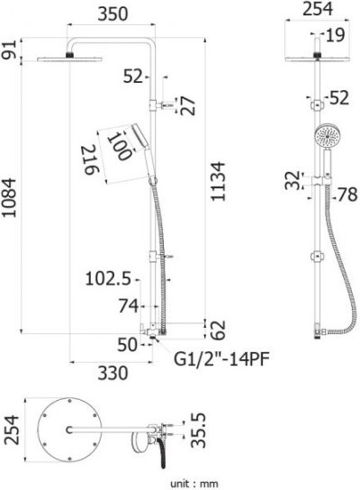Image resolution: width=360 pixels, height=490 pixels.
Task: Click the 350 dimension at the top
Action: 112,14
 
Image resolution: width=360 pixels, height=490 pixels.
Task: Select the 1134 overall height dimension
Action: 218,182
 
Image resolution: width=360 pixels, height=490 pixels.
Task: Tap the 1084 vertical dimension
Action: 9,198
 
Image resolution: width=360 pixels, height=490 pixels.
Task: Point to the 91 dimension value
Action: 9,50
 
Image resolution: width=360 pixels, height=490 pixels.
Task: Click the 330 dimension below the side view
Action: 112,373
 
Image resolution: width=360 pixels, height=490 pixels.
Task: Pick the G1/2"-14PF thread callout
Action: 221,358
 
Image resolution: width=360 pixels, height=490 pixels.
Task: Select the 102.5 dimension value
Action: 108,278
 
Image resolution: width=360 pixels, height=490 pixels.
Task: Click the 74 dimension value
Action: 129,306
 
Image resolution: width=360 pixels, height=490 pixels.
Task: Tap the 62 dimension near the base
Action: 218,330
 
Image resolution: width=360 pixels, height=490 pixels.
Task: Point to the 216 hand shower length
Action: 91,159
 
